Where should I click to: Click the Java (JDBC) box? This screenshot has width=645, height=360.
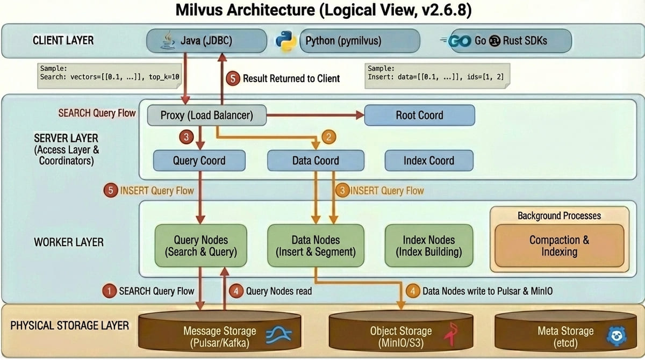pos(206,41)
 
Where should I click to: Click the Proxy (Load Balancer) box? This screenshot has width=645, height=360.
pos(207,115)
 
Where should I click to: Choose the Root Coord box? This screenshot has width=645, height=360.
pos(419,115)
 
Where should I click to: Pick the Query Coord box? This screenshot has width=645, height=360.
pos(199,160)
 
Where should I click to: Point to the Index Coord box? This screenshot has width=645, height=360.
pos(428,160)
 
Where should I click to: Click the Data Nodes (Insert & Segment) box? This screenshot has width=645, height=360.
pos(316,246)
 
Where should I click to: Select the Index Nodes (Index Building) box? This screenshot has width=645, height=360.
pos(428,246)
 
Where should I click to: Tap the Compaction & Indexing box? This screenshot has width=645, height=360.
pos(559,246)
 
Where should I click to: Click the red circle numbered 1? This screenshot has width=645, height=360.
pos(110,291)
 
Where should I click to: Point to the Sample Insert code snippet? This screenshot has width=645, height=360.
pos(437,73)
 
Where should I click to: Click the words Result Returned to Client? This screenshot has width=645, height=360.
pos(291,78)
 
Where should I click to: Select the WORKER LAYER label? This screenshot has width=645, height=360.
pos(69,242)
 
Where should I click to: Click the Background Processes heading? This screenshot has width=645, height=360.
pos(559,215)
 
